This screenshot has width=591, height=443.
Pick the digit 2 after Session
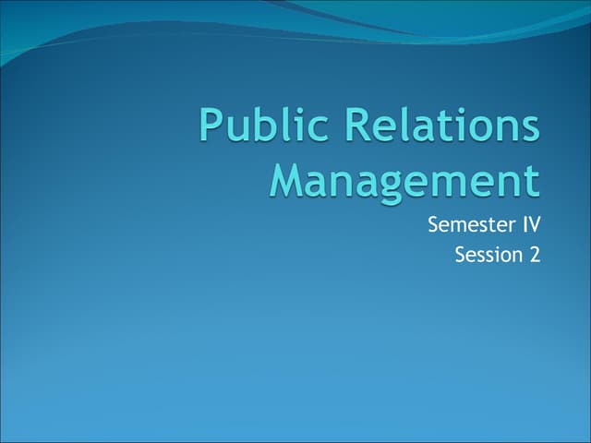coord(534,254)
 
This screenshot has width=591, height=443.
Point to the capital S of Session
coord(461,254)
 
